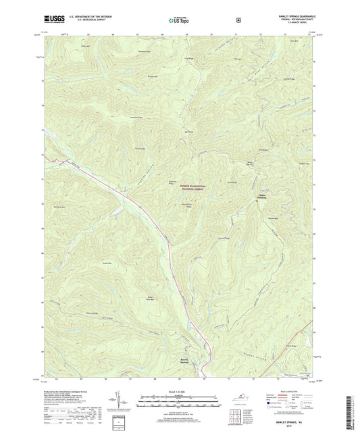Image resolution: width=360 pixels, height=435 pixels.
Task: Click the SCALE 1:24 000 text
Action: [180, 391]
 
